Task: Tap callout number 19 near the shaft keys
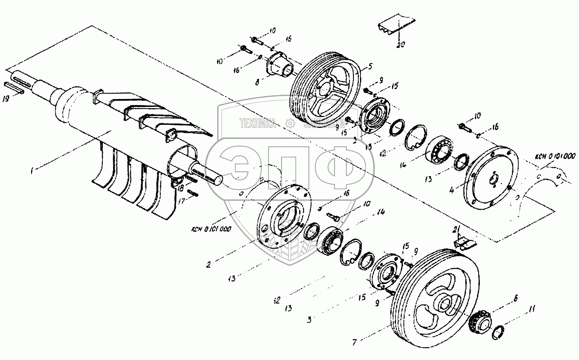click(5, 100)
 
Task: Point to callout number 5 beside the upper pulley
click(371, 67)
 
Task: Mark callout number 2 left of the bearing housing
click(209, 265)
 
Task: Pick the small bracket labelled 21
click(462, 241)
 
